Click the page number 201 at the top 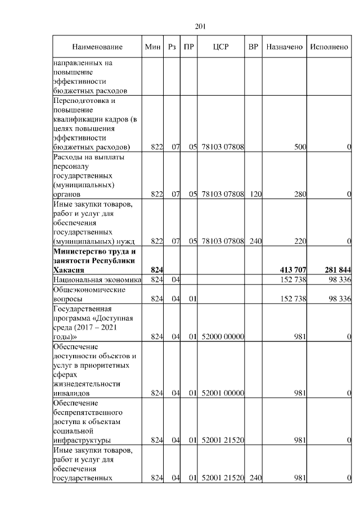[x=201, y=26]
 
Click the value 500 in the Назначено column [x=300, y=147]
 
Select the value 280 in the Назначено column [x=299, y=194]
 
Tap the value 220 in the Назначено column [x=299, y=241]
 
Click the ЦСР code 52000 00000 [x=222, y=337]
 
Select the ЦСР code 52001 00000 [x=222, y=393]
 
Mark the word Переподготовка [x=83, y=101]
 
